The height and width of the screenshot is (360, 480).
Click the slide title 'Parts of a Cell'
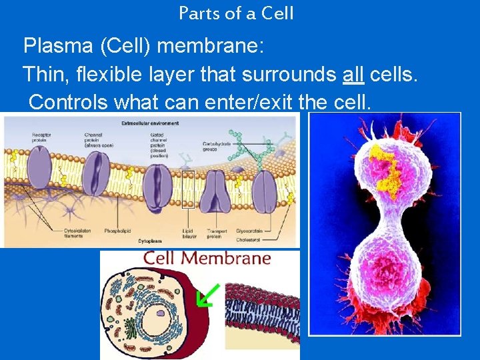[x=236, y=13]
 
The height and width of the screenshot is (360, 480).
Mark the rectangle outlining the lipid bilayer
[x=188, y=189]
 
